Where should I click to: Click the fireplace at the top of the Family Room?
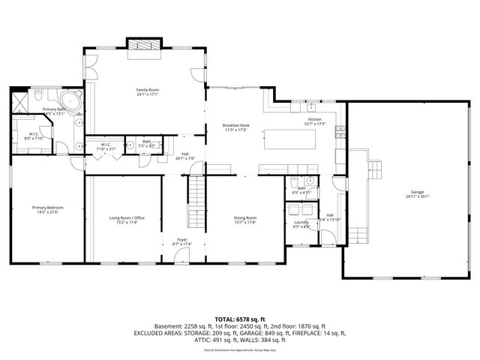click(143, 45)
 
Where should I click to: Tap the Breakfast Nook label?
click(235, 124)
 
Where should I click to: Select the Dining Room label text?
click(245, 217)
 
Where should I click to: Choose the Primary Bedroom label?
click(46, 208)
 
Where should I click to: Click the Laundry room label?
click(301, 222)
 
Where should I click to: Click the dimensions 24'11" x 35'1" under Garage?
click(418, 196)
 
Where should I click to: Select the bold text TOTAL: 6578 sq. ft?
click(240, 319)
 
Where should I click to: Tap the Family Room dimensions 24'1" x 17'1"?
click(147, 94)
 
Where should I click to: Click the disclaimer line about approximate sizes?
click(240, 349)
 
